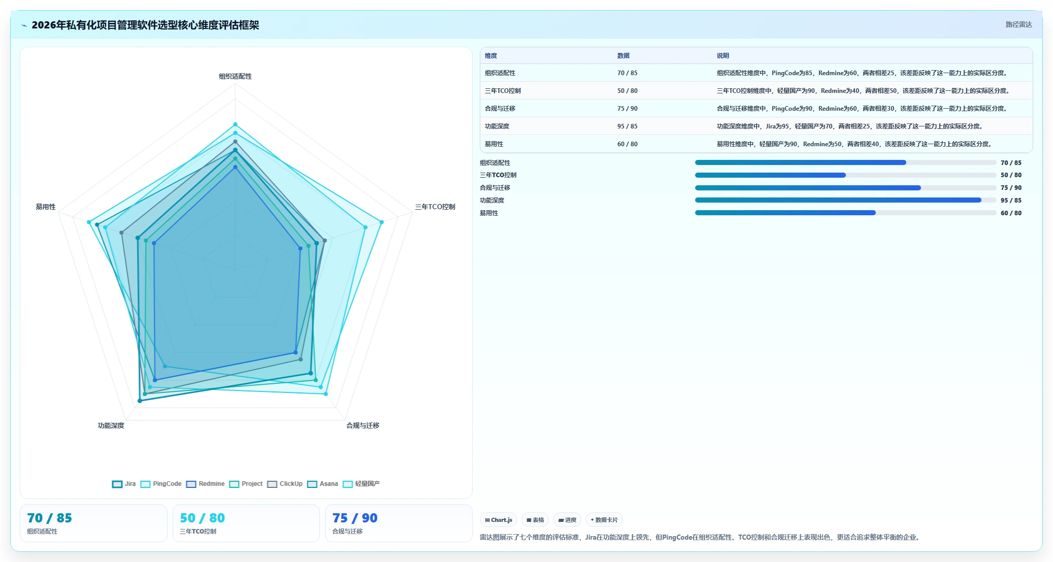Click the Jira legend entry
pos(124,484)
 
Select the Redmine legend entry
pos(205,484)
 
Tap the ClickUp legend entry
pos(285,484)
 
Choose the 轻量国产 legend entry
pos(361,484)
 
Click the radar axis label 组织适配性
pos(235,76)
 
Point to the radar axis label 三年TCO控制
pos(435,207)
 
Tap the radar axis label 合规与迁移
pos(363,425)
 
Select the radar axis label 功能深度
pos(111,425)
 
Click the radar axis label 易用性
pos(46,207)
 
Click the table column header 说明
pos(723,56)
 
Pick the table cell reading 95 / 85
pos(628,126)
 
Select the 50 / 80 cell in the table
pos(628,91)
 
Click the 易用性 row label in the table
pos(494,144)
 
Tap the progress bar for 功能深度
pos(845,201)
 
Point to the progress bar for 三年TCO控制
pos(845,175)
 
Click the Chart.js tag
pos(499,520)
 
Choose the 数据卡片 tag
pos(604,520)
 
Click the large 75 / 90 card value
pos(355,518)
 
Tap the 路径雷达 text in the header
pos(1018,24)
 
